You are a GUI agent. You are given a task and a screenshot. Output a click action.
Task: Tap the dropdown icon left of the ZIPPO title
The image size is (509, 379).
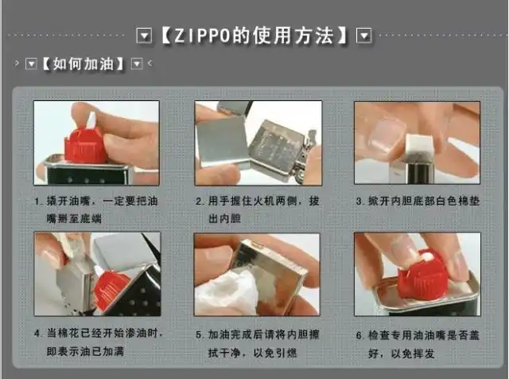coord(143,36)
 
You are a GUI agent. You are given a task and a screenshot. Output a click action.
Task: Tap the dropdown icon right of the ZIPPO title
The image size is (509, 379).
coord(364,36)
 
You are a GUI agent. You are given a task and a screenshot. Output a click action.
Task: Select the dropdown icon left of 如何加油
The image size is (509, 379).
coord(31,64)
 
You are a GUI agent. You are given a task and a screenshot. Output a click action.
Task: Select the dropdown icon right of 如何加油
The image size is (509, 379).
coord(136,64)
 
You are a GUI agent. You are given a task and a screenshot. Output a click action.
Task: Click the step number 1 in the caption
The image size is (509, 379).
coord(37,201)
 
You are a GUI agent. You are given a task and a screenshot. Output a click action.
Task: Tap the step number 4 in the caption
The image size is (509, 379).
coord(37,332)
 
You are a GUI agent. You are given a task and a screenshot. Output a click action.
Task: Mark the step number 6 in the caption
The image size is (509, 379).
coord(359,334)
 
